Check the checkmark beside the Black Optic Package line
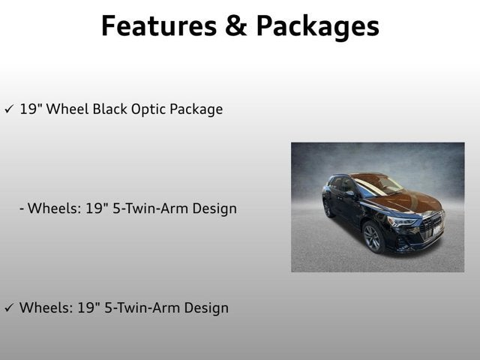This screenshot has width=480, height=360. click(9, 109)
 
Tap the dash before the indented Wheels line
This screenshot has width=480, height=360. click(22, 209)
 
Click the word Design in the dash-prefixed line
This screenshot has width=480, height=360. click(211, 209)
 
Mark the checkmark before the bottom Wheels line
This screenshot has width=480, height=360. click(9, 308)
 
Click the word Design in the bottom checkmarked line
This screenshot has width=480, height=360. click(203, 308)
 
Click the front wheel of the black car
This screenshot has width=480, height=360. click(373, 238)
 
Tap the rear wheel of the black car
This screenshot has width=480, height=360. click(328, 208)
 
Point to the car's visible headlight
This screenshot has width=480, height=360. click(403, 222)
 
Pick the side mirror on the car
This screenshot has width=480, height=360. click(350, 193)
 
